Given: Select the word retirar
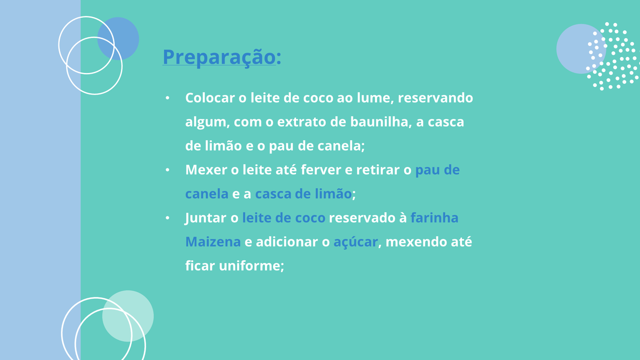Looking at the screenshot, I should (378, 170).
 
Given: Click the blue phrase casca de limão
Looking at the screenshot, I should (303, 194).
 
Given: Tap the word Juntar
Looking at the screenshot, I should (205, 218).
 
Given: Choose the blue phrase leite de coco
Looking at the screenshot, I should (284, 218).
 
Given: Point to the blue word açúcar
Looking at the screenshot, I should (356, 242).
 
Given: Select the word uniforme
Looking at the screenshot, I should (251, 266).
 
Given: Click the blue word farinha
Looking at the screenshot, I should (434, 218).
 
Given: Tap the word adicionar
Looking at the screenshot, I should (287, 242).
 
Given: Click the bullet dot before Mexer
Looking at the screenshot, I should (167, 170).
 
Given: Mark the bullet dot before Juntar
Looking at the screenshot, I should (167, 218).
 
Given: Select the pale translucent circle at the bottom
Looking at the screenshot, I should (128, 316).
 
